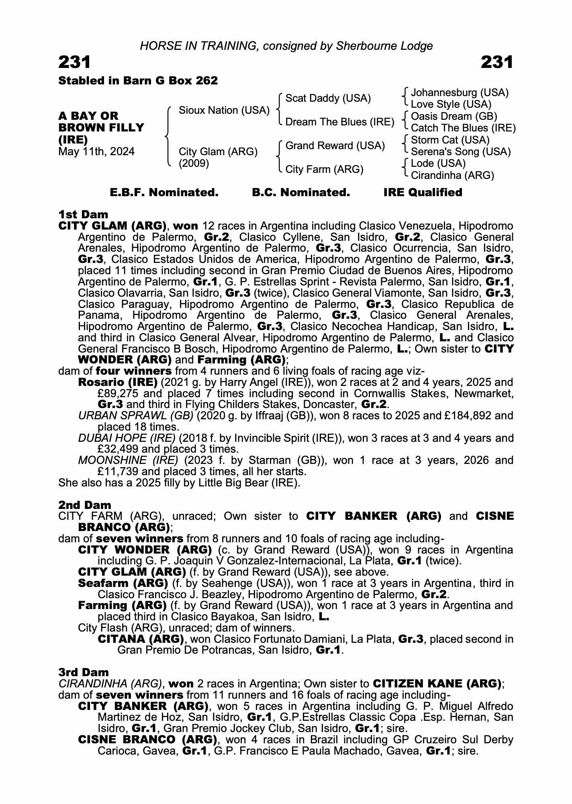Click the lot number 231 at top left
(75, 62)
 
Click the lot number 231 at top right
(497, 62)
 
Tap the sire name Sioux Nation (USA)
(224, 110)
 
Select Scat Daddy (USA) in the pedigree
(328, 98)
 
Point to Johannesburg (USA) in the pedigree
(460, 93)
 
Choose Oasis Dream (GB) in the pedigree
(454, 117)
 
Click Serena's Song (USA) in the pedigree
(461, 152)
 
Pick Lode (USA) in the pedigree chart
(438, 164)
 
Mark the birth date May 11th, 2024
(96, 152)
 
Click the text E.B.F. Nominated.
(164, 193)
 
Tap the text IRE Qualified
(423, 193)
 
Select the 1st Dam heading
(83, 214)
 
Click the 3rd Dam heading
(83, 672)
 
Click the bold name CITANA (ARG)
(141, 639)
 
